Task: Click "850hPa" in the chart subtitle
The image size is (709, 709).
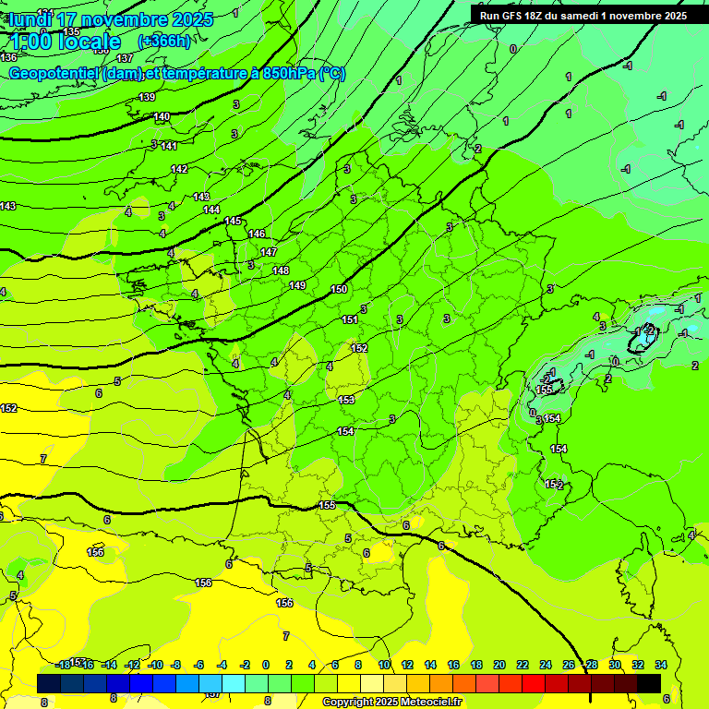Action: click(283, 74)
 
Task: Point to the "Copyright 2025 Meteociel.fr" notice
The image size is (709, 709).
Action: click(392, 703)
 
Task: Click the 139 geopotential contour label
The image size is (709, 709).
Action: click(147, 97)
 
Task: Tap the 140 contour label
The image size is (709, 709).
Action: click(162, 116)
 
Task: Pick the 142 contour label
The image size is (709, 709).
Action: click(179, 169)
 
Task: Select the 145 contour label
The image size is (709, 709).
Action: click(233, 221)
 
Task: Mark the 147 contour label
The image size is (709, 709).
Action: click(269, 252)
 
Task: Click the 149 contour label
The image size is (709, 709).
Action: click(297, 285)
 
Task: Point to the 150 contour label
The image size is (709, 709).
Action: click(339, 290)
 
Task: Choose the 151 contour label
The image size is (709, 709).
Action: click(350, 319)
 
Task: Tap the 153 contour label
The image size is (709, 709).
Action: click(345, 400)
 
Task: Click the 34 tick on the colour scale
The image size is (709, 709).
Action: click(661, 665)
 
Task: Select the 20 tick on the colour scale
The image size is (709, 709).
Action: click(499, 665)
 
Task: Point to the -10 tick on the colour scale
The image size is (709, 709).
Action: click(155, 665)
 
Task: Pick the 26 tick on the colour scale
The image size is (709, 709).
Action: click(569, 665)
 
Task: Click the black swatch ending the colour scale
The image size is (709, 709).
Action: click(649, 683)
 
